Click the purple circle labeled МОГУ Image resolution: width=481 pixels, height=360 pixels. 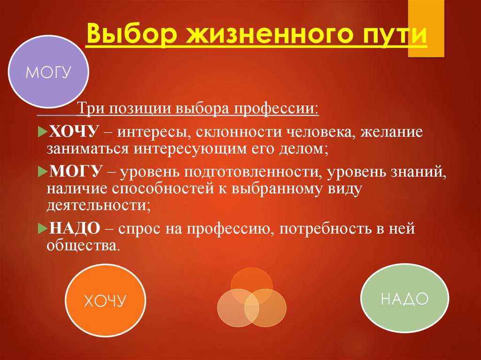point(48,71)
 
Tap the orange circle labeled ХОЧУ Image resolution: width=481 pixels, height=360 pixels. point(106,300)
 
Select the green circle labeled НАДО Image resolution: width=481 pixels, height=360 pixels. point(404,298)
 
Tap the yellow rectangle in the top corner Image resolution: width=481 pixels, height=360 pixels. point(426,29)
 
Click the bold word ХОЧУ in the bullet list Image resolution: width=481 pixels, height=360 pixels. point(74,132)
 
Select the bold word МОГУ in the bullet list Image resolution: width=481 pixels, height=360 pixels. point(75,171)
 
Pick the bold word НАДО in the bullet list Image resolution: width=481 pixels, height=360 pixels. point(75,228)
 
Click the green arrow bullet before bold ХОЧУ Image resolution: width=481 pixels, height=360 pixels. point(42,132)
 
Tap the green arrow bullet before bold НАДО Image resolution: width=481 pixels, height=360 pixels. point(42,229)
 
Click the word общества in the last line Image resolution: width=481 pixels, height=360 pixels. point(82,245)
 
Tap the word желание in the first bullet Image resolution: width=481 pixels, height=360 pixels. point(391,132)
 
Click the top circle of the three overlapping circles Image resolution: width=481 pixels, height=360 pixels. point(252,286)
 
